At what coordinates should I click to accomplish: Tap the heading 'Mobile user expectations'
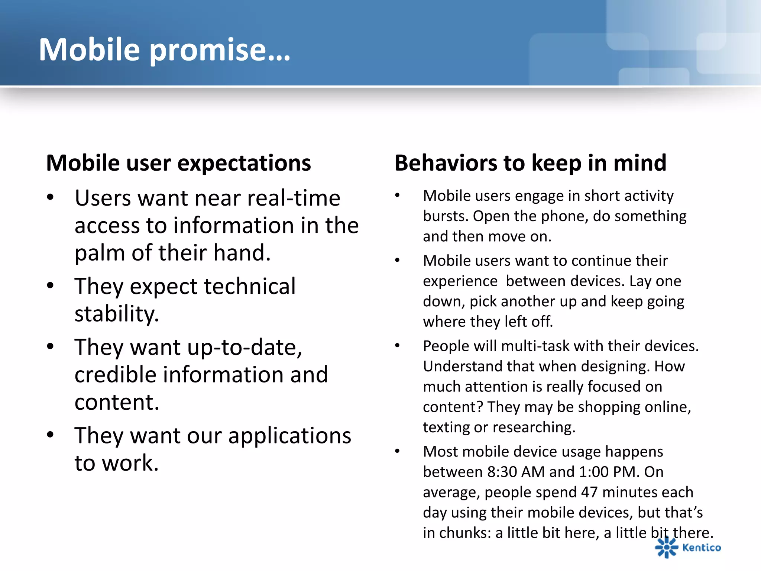tap(178, 163)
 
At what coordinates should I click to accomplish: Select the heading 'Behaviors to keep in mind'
tap(530, 163)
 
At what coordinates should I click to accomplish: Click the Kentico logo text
tap(701, 548)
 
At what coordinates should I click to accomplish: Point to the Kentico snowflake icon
tap(666, 547)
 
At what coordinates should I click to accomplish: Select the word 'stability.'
tap(117, 314)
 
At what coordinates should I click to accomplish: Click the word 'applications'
tap(289, 436)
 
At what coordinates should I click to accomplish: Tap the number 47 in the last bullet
tap(589, 492)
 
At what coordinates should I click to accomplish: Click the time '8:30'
tap(502, 472)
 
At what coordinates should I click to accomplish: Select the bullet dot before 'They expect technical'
tap(51, 285)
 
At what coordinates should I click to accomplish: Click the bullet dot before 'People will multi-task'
tap(397, 346)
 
